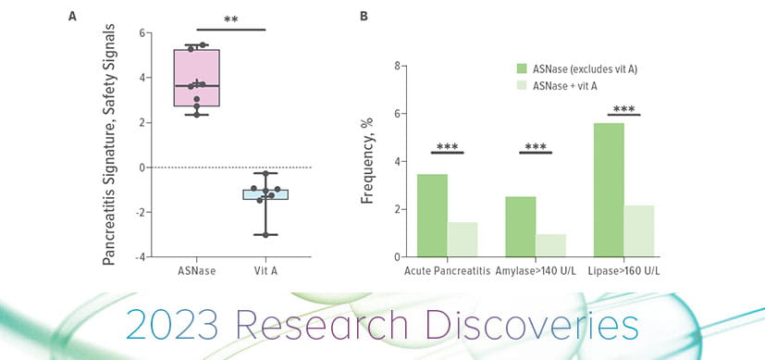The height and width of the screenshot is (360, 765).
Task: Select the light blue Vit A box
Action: point(265,194)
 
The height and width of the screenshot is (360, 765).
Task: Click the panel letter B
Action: point(364,17)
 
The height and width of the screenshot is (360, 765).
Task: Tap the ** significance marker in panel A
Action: point(231,19)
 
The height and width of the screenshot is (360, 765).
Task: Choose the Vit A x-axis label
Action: point(265,271)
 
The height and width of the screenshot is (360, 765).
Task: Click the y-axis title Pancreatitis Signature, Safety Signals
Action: point(108,145)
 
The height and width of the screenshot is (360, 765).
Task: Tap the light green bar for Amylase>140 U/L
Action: point(551,245)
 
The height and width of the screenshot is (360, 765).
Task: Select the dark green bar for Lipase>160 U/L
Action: point(609,190)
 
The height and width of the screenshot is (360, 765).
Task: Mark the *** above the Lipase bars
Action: point(623,109)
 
